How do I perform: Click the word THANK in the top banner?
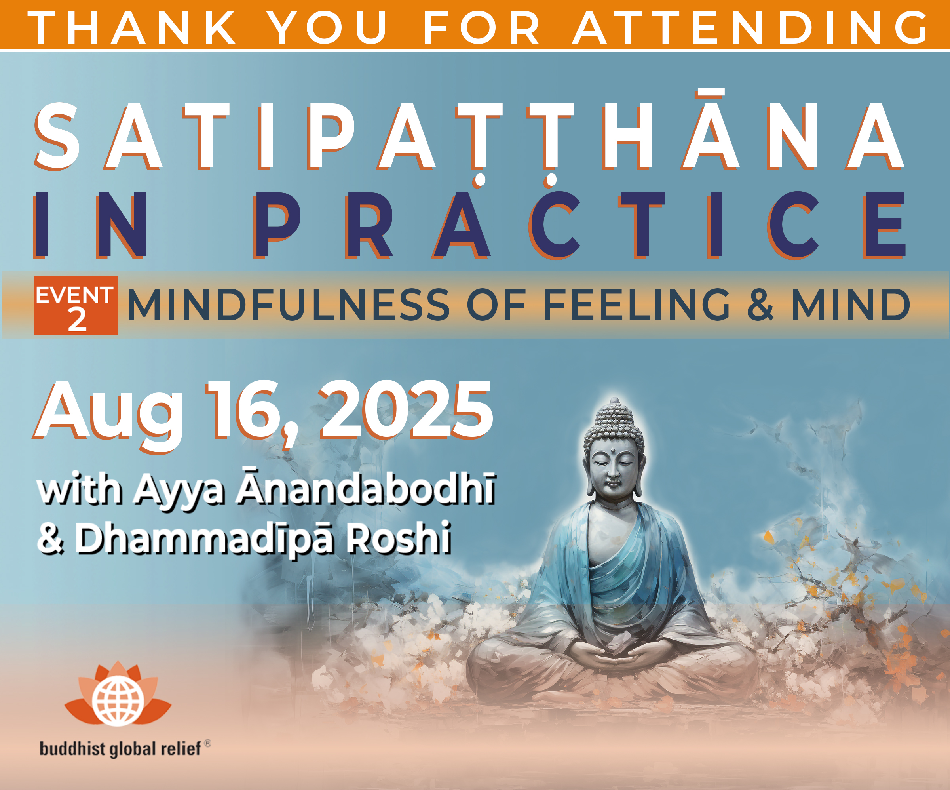click(x=133, y=27)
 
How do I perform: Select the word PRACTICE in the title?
click(x=580, y=225)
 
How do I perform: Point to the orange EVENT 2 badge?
click(x=76, y=306)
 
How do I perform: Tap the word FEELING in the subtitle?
click(x=636, y=305)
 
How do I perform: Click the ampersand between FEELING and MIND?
click(x=760, y=305)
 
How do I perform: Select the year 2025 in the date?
click(x=406, y=409)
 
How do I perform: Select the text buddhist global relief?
click(x=120, y=748)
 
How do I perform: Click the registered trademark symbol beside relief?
click(x=208, y=743)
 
